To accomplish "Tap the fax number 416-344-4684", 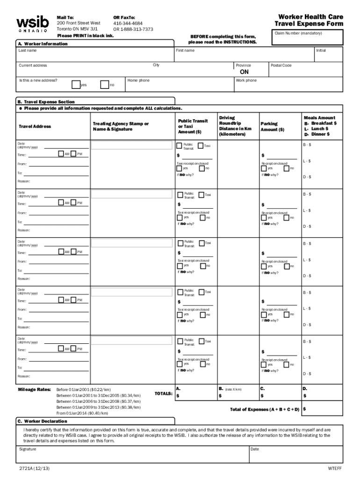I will (128, 23).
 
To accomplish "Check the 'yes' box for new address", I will (76, 85).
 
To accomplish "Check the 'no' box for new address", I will (105, 85).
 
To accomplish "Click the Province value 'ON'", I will (244, 73).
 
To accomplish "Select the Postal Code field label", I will (281, 65).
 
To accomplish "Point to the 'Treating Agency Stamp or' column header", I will (121, 123).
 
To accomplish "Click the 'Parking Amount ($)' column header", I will (272, 127).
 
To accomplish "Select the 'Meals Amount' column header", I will (319, 118).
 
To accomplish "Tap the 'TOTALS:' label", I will (163, 394).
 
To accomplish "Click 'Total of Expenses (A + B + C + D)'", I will (265, 409).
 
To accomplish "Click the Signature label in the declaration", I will (28, 449).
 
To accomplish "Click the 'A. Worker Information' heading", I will (43, 44).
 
